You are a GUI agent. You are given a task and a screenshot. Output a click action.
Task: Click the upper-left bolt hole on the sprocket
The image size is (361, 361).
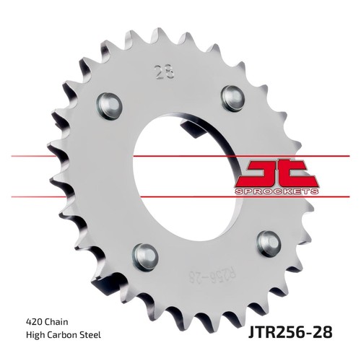pyautogui.click(x=110, y=106)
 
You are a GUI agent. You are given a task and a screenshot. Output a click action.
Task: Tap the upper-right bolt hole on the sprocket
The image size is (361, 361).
pyautogui.click(x=232, y=98)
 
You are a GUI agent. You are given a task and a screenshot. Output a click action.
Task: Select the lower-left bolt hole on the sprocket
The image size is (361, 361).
pyautogui.click(x=147, y=257)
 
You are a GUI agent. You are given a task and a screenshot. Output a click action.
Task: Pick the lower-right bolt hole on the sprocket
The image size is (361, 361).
pyautogui.click(x=269, y=244)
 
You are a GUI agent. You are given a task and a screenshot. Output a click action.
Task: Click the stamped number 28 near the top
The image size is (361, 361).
pyautogui.click(x=165, y=71)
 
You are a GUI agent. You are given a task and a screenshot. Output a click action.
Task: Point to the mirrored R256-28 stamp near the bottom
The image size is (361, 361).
pyautogui.click(x=212, y=277)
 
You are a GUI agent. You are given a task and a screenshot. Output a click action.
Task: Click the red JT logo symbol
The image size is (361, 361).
pyautogui.click(x=277, y=173)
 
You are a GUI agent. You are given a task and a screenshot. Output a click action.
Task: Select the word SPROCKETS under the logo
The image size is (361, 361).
pyautogui.click(x=277, y=191)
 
